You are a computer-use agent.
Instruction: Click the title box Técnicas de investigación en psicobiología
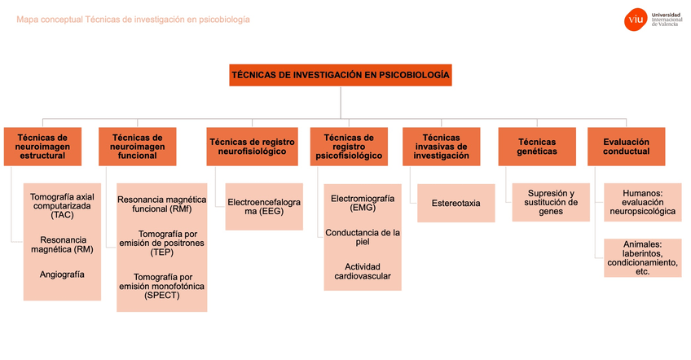pyautogui.click(x=341, y=75)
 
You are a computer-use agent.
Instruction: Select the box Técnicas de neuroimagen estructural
pyautogui.click(x=43, y=147)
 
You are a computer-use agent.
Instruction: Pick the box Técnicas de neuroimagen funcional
pyautogui.click(x=138, y=147)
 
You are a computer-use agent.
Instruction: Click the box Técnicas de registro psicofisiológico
pyautogui.click(x=349, y=147)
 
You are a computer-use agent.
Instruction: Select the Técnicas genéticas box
pyautogui.click(x=537, y=147)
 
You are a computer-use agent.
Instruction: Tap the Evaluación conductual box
pyautogui.click(x=627, y=147)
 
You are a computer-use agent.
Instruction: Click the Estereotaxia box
pyautogui.click(x=456, y=204)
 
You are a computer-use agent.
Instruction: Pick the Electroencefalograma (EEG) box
pyautogui.click(x=264, y=206)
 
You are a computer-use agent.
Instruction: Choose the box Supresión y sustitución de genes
pyautogui.click(x=551, y=202)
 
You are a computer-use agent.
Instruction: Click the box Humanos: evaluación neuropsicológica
pyautogui.click(x=643, y=202)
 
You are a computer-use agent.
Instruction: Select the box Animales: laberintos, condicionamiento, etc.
pyautogui.click(x=643, y=257)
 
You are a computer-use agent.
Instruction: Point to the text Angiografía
pyautogui.click(x=62, y=274)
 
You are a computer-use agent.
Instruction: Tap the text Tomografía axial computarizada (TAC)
pyautogui.click(x=62, y=207)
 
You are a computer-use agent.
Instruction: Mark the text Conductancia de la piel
pyautogui.click(x=363, y=238)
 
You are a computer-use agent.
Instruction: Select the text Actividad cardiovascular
pyautogui.click(x=363, y=271)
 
